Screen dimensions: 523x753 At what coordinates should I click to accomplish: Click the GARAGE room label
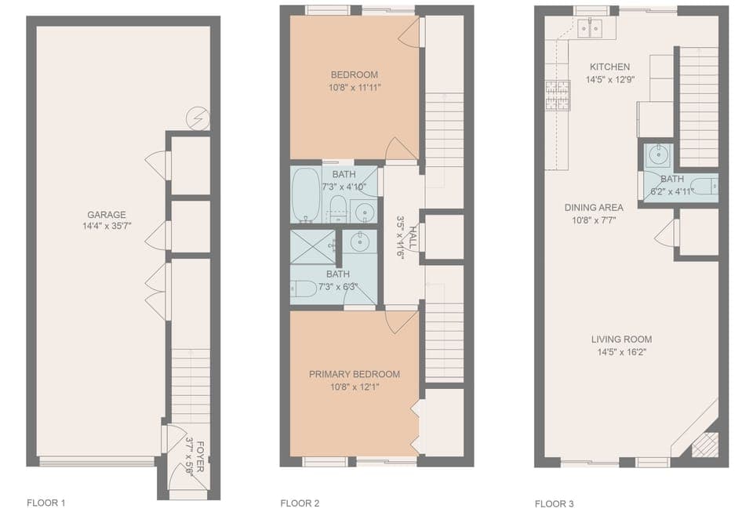click(x=107, y=215)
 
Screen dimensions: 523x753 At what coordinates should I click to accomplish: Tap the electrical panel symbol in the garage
click(x=197, y=119)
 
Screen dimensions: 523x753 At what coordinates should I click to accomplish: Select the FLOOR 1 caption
click(x=46, y=503)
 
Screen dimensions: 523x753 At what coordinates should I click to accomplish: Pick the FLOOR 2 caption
click(x=300, y=503)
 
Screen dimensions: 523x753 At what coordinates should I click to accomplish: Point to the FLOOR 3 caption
click(x=555, y=503)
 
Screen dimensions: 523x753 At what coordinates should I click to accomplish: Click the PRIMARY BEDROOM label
click(x=354, y=374)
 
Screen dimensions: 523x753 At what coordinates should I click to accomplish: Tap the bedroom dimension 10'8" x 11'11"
click(x=355, y=87)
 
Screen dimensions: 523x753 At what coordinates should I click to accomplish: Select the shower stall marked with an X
click(x=312, y=245)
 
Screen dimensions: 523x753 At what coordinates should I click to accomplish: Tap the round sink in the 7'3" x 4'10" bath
click(x=364, y=210)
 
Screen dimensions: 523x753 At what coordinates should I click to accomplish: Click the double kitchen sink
click(x=589, y=28)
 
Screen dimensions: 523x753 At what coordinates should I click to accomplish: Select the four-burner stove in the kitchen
click(x=557, y=95)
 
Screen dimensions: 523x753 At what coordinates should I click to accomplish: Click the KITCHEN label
click(x=609, y=67)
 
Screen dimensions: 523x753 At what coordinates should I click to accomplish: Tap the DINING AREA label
click(x=594, y=208)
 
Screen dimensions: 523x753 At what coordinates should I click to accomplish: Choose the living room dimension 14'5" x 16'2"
click(x=621, y=352)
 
